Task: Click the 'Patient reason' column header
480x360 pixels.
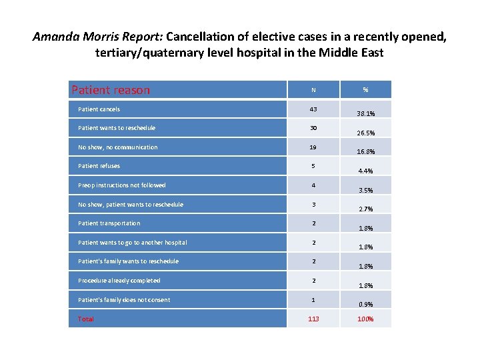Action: tap(111, 90)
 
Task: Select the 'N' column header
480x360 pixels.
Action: tap(313, 90)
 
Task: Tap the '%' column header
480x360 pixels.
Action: tap(366, 90)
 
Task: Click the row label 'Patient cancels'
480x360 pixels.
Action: tap(99, 109)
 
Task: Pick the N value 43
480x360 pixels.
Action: tap(313, 109)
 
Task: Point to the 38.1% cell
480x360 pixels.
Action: tap(366, 113)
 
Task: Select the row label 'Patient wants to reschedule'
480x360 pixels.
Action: tap(117, 128)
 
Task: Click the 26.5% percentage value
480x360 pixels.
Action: tap(366, 133)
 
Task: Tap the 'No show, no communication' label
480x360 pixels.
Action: tap(118, 147)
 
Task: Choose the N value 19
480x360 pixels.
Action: tap(313, 147)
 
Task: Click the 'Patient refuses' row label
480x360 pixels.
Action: tap(99, 166)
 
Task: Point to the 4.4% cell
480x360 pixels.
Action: tap(366, 171)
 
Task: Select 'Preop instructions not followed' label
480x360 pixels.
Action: tap(122, 185)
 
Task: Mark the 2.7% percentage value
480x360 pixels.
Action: tap(366, 209)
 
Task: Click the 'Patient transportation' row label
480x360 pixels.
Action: tap(109, 223)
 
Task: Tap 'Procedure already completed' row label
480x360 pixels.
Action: tap(119, 281)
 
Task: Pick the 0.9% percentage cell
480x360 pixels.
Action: tap(366, 305)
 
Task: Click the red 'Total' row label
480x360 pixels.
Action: tap(86, 319)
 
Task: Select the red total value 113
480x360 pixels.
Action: tap(313, 319)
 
